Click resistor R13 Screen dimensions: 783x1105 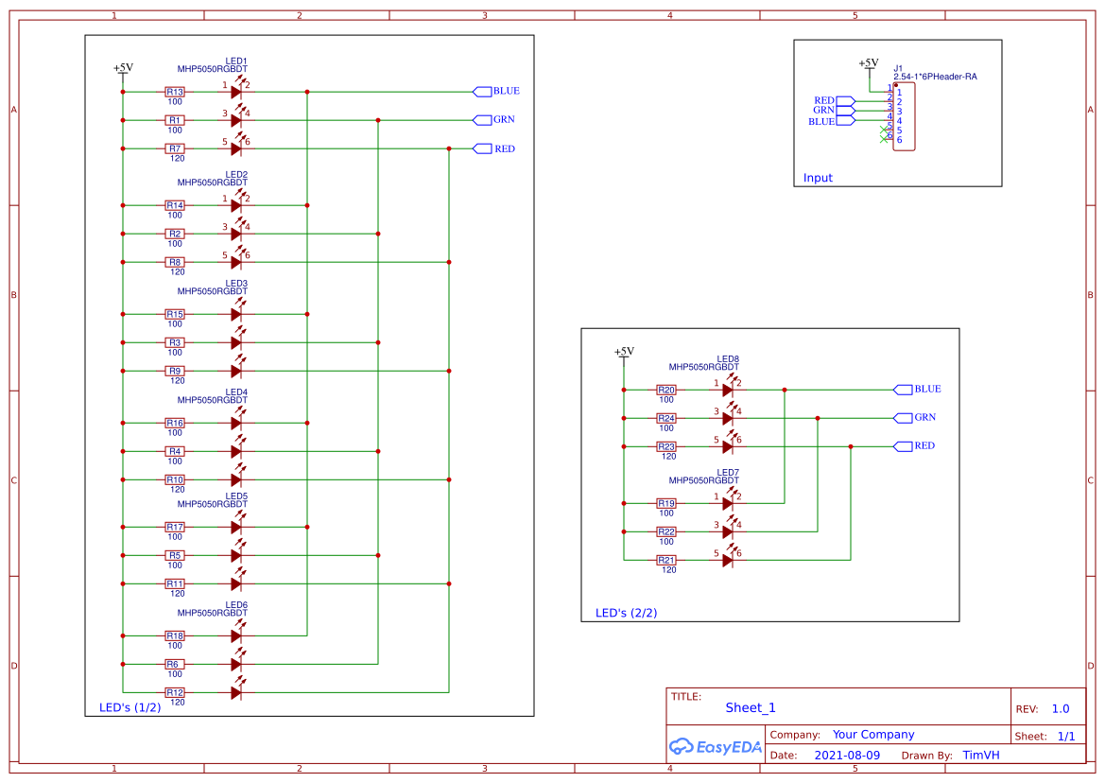coord(175,92)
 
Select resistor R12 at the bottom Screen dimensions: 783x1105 coord(175,692)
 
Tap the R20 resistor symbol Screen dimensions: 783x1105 coord(666,390)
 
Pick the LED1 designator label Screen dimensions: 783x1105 coord(236,61)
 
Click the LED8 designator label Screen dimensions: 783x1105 coord(728,358)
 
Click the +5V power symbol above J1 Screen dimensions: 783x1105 coord(868,63)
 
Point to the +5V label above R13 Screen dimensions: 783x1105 coord(123,68)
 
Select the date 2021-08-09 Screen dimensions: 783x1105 coord(846,756)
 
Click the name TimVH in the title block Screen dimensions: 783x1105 coord(981,756)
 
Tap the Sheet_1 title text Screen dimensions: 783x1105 coord(751,707)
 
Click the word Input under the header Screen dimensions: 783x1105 coord(818,178)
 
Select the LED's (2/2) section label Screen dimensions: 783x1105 coord(626,613)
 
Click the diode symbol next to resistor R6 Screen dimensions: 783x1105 coord(237,664)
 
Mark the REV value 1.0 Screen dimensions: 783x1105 coord(1061,708)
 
